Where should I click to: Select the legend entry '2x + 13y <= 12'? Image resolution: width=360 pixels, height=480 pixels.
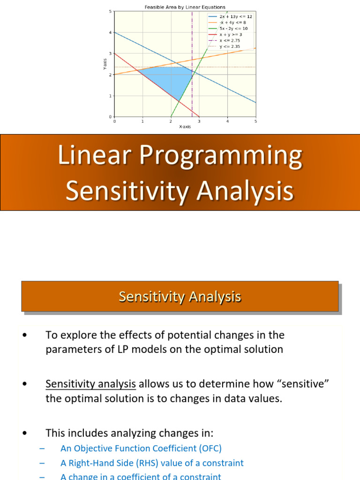coord(235,16)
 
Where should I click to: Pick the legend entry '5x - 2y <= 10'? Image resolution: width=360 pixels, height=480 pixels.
coord(233,29)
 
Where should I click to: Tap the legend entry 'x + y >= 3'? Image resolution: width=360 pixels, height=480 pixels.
coord(232,35)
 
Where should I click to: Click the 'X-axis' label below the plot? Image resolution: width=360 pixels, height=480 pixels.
coord(185,127)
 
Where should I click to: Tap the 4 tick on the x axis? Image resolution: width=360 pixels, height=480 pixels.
coord(227,121)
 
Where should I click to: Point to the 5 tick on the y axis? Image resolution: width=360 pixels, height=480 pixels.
coord(110,11)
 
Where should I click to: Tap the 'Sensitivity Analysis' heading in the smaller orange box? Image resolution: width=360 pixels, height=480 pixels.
coord(180,296)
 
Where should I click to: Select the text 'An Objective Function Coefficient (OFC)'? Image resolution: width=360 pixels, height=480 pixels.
coord(141,448)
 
